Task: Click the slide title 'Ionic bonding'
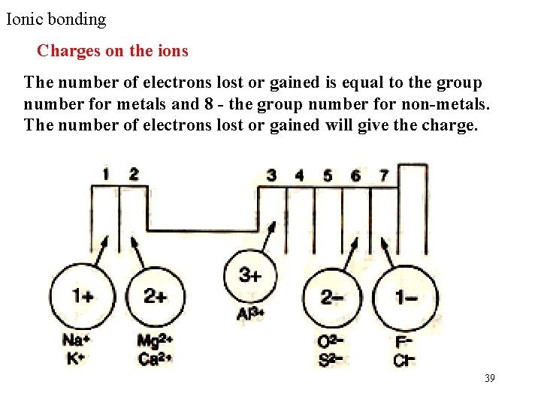(56, 19)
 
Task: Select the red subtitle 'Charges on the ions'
(113, 51)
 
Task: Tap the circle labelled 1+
(82, 296)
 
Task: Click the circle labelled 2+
(156, 296)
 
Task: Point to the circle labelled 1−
(407, 298)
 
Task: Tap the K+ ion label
(75, 358)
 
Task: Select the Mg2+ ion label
(156, 342)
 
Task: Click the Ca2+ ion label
(156, 358)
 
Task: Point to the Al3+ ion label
(249, 313)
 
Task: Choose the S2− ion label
(331, 359)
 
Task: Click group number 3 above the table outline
(271, 175)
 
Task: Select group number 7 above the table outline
(384, 175)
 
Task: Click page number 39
(490, 378)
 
